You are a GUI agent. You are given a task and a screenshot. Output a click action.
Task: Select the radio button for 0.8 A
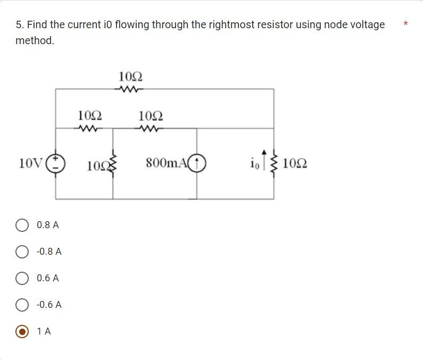(22, 225)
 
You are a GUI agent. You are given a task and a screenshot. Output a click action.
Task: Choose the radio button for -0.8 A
(22, 252)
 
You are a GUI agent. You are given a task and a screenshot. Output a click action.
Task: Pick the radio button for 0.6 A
(22, 279)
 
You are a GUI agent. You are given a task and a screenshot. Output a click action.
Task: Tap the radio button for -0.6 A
(22, 305)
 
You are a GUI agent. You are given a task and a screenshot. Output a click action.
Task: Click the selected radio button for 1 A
(22, 332)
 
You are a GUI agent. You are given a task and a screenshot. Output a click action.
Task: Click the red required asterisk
(406, 24)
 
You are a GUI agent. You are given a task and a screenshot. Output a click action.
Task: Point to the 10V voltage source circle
(56, 163)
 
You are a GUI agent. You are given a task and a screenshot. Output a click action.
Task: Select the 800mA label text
(167, 163)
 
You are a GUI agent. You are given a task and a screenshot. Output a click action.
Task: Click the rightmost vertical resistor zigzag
(275, 163)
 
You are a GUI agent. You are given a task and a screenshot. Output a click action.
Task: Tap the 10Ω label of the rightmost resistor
(295, 163)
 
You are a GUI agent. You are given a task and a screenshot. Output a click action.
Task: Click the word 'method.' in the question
(35, 41)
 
